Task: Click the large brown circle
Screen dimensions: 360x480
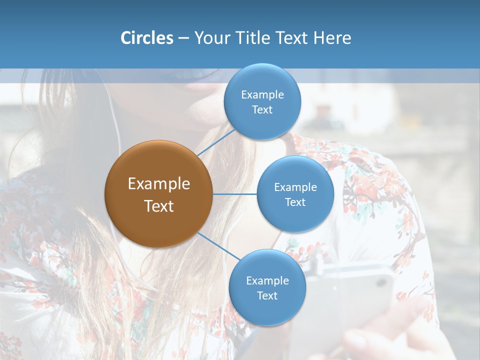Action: click(158, 194)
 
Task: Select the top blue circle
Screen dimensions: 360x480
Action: click(262, 101)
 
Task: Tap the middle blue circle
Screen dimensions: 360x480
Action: click(295, 194)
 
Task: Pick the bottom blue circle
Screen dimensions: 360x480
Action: click(267, 287)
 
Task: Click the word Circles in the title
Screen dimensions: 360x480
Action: click(146, 38)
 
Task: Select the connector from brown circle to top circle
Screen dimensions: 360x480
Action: click(216, 142)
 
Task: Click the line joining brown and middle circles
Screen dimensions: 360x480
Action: click(234, 194)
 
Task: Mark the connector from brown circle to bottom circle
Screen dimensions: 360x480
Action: click(219, 246)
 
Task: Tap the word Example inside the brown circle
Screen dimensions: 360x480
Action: click(158, 184)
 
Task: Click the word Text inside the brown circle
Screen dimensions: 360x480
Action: click(158, 206)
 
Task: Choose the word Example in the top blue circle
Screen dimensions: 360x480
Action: click(262, 95)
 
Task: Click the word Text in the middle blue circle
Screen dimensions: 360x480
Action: click(295, 202)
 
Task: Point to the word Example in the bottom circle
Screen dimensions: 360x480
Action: click(267, 281)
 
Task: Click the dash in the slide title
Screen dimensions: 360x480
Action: click(183, 38)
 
